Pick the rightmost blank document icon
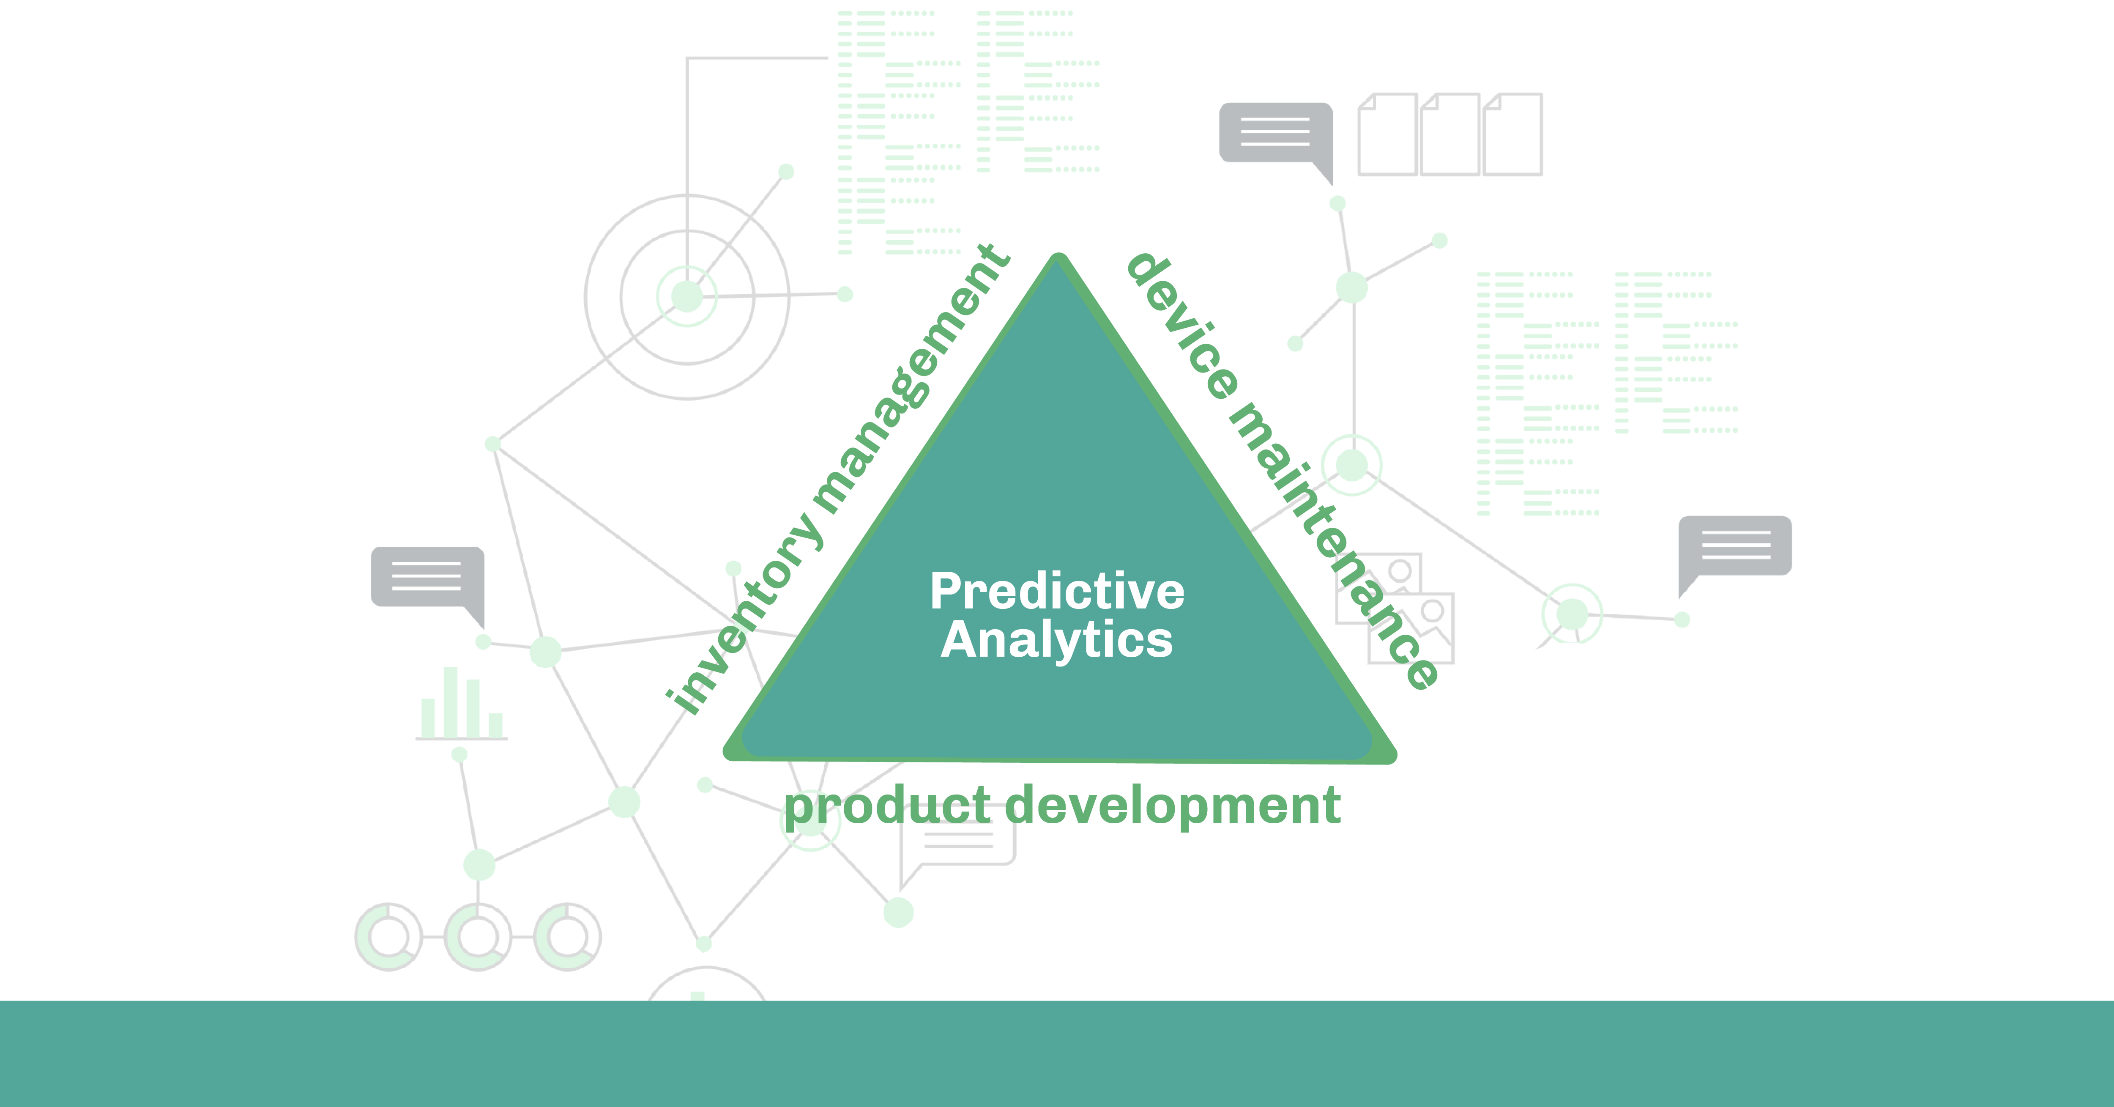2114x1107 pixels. [1512, 134]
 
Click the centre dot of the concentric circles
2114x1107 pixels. [687, 296]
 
